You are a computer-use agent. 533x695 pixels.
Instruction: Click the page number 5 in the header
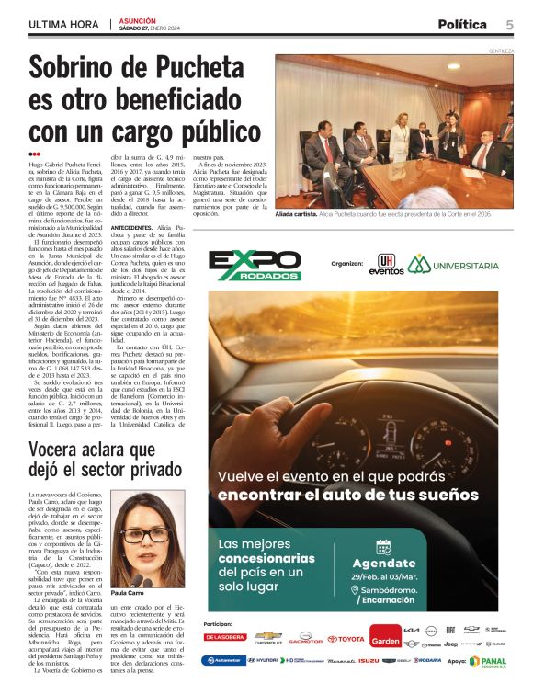pos(508,24)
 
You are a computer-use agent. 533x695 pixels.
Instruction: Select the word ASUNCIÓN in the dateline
pos(138,19)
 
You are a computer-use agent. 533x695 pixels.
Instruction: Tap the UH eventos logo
pos(386,265)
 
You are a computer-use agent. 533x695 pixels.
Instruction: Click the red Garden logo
pos(386,637)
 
